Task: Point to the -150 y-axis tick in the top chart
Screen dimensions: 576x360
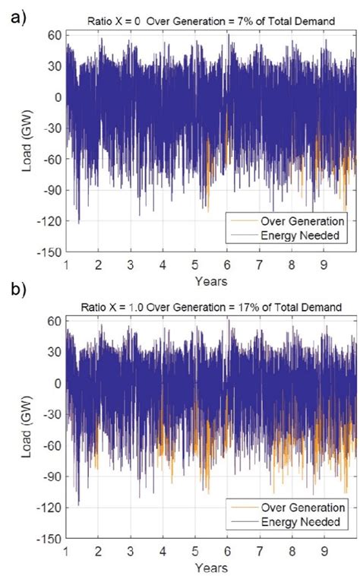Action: click(x=49, y=252)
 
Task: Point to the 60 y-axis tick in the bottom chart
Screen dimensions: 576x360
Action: click(x=54, y=321)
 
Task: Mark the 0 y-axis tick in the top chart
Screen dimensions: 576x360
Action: click(x=58, y=97)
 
